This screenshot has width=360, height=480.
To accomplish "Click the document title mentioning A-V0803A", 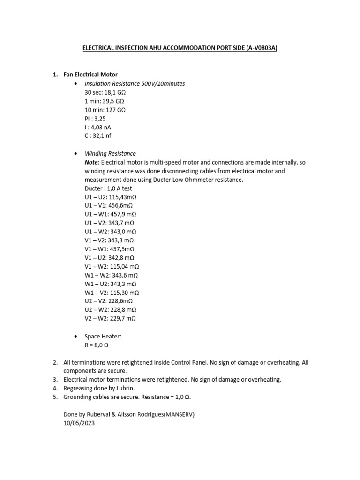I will coord(180,48).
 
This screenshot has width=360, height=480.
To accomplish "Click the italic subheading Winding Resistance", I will coord(110,153).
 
